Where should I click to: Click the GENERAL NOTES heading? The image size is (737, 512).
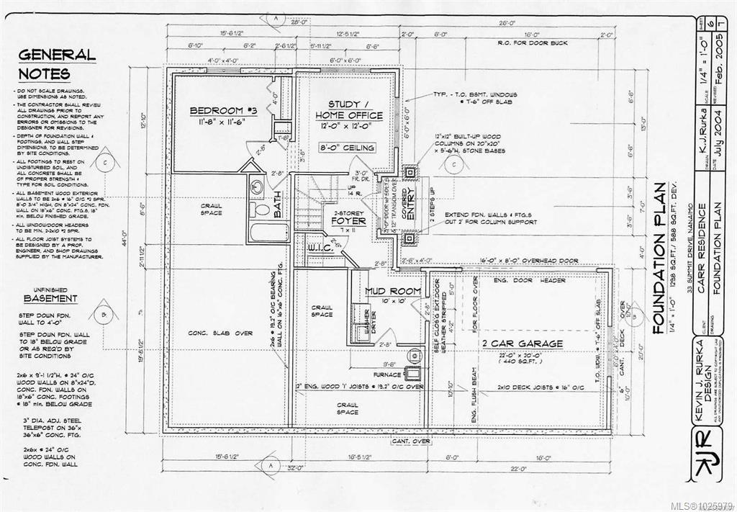[55, 64]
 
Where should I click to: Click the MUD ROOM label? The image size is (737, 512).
[392, 291]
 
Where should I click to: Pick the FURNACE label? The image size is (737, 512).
[386, 374]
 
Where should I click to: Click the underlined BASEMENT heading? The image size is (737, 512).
[50, 298]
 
